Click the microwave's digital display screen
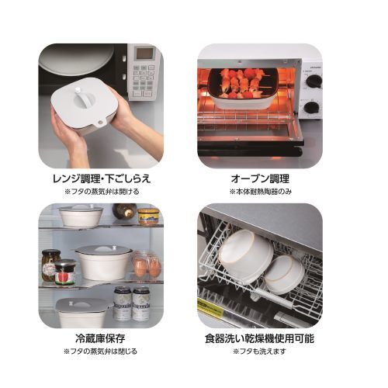coord(144,54)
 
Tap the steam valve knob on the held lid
coord(77,92)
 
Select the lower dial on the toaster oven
coord(312,107)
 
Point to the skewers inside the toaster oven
coord(243,84)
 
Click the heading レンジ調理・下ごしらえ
coord(102,178)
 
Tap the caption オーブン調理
coord(260,178)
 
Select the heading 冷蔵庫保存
coord(101,338)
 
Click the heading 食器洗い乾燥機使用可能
coord(260,338)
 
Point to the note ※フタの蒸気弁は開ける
coord(102,192)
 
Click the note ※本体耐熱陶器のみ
coord(261,192)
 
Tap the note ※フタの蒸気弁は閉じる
coord(101,352)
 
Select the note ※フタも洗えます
coord(260,352)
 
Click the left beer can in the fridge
coord(123,303)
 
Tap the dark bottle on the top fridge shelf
coord(125,211)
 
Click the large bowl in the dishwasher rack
coord(246,254)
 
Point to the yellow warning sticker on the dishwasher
coord(210,307)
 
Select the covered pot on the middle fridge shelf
coord(103,262)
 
